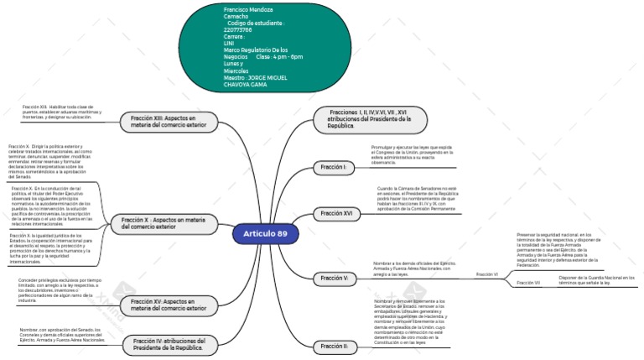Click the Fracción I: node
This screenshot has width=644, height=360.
pyautogui.click(x=334, y=168)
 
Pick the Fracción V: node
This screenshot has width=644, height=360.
pyautogui.click(x=335, y=278)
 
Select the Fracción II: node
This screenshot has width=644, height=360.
pyautogui.click(x=335, y=346)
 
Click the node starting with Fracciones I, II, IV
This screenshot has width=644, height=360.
pyautogui.click(x=369, y=118)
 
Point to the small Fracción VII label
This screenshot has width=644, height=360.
pyautogui.click(x=528, y=284)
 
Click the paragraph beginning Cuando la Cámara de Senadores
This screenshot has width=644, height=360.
pyautogui.click(x=417, y=199)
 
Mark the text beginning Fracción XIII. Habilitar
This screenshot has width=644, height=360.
pyautogui.click(x=62, y=112)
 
